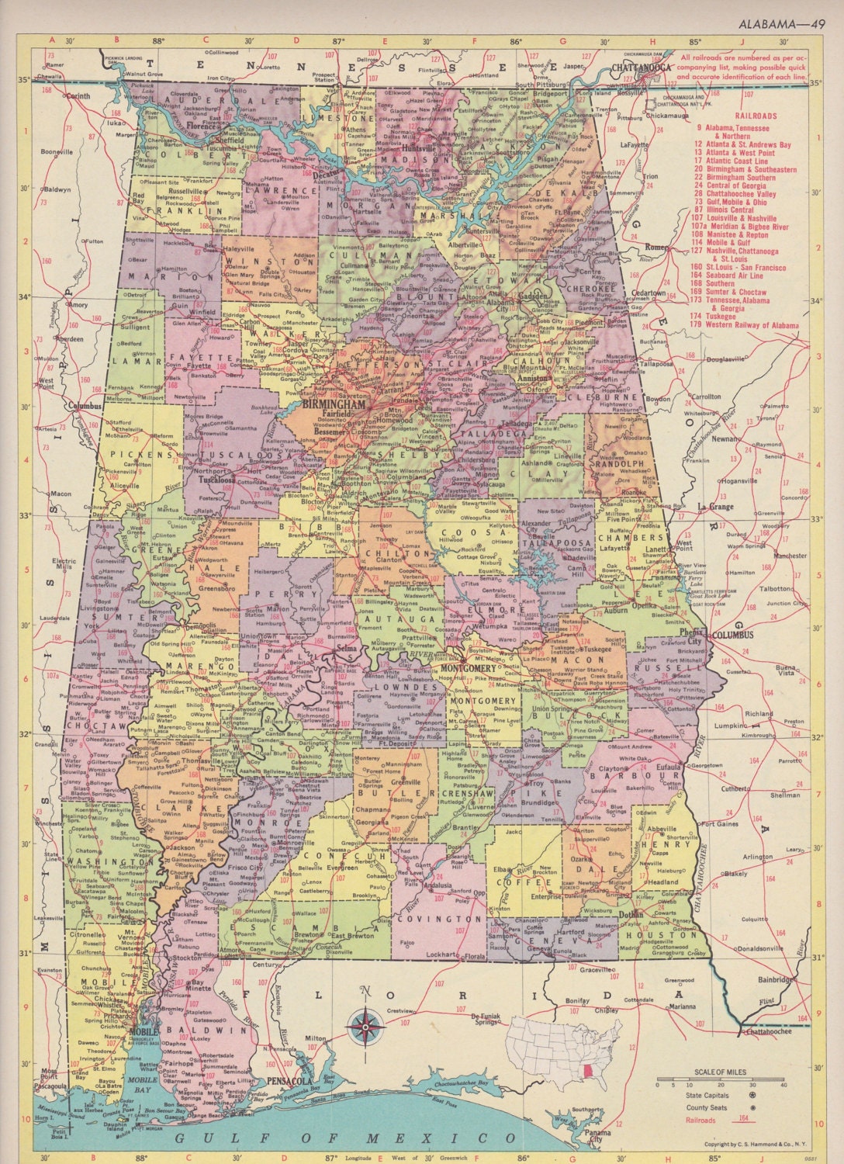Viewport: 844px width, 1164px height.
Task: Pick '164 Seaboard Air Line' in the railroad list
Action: pyautogui.click(x=733, y=275)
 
